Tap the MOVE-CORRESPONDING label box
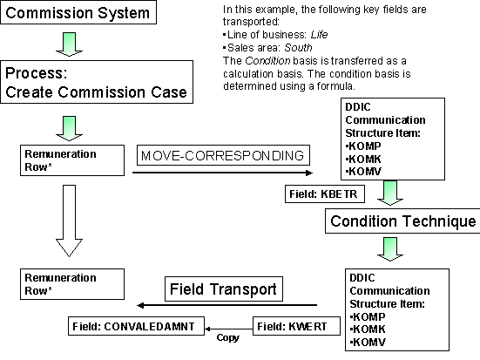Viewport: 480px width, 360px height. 225,156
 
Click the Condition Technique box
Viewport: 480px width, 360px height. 402,221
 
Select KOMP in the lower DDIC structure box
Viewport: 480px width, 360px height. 367,318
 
